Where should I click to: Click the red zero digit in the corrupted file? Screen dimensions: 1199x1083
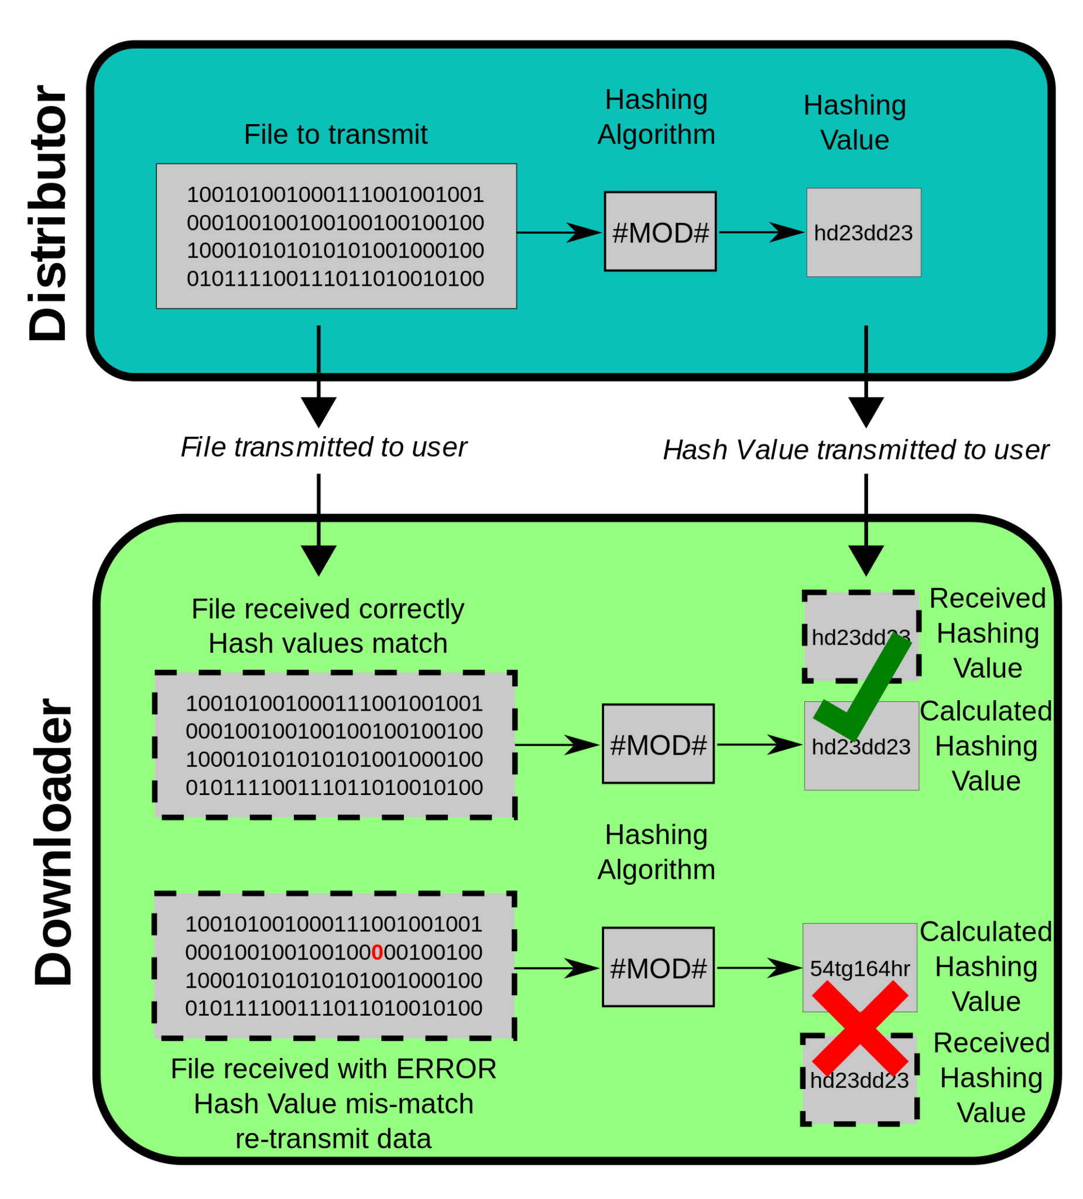point(376,952)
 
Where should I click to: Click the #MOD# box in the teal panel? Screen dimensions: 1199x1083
point(660,231)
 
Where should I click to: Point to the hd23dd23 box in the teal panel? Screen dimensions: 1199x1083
point(863,232)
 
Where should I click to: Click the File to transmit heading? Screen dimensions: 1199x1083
point(335,135)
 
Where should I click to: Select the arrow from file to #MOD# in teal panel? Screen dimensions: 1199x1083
point(559,232)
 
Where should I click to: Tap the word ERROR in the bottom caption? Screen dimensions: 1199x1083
point(446,1069)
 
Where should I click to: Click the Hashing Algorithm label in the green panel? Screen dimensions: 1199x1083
point(656,852)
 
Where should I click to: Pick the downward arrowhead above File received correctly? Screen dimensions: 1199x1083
point(319,559)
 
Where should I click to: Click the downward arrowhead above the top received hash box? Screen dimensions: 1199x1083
point(866,559)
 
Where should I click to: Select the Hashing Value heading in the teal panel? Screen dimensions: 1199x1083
point(855,122)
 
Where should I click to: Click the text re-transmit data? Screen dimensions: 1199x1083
point(333,1139)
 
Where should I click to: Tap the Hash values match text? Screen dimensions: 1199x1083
point(328,643)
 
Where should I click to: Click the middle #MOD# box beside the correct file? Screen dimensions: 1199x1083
point(658,744)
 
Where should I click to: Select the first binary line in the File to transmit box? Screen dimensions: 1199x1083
point(335,194)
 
